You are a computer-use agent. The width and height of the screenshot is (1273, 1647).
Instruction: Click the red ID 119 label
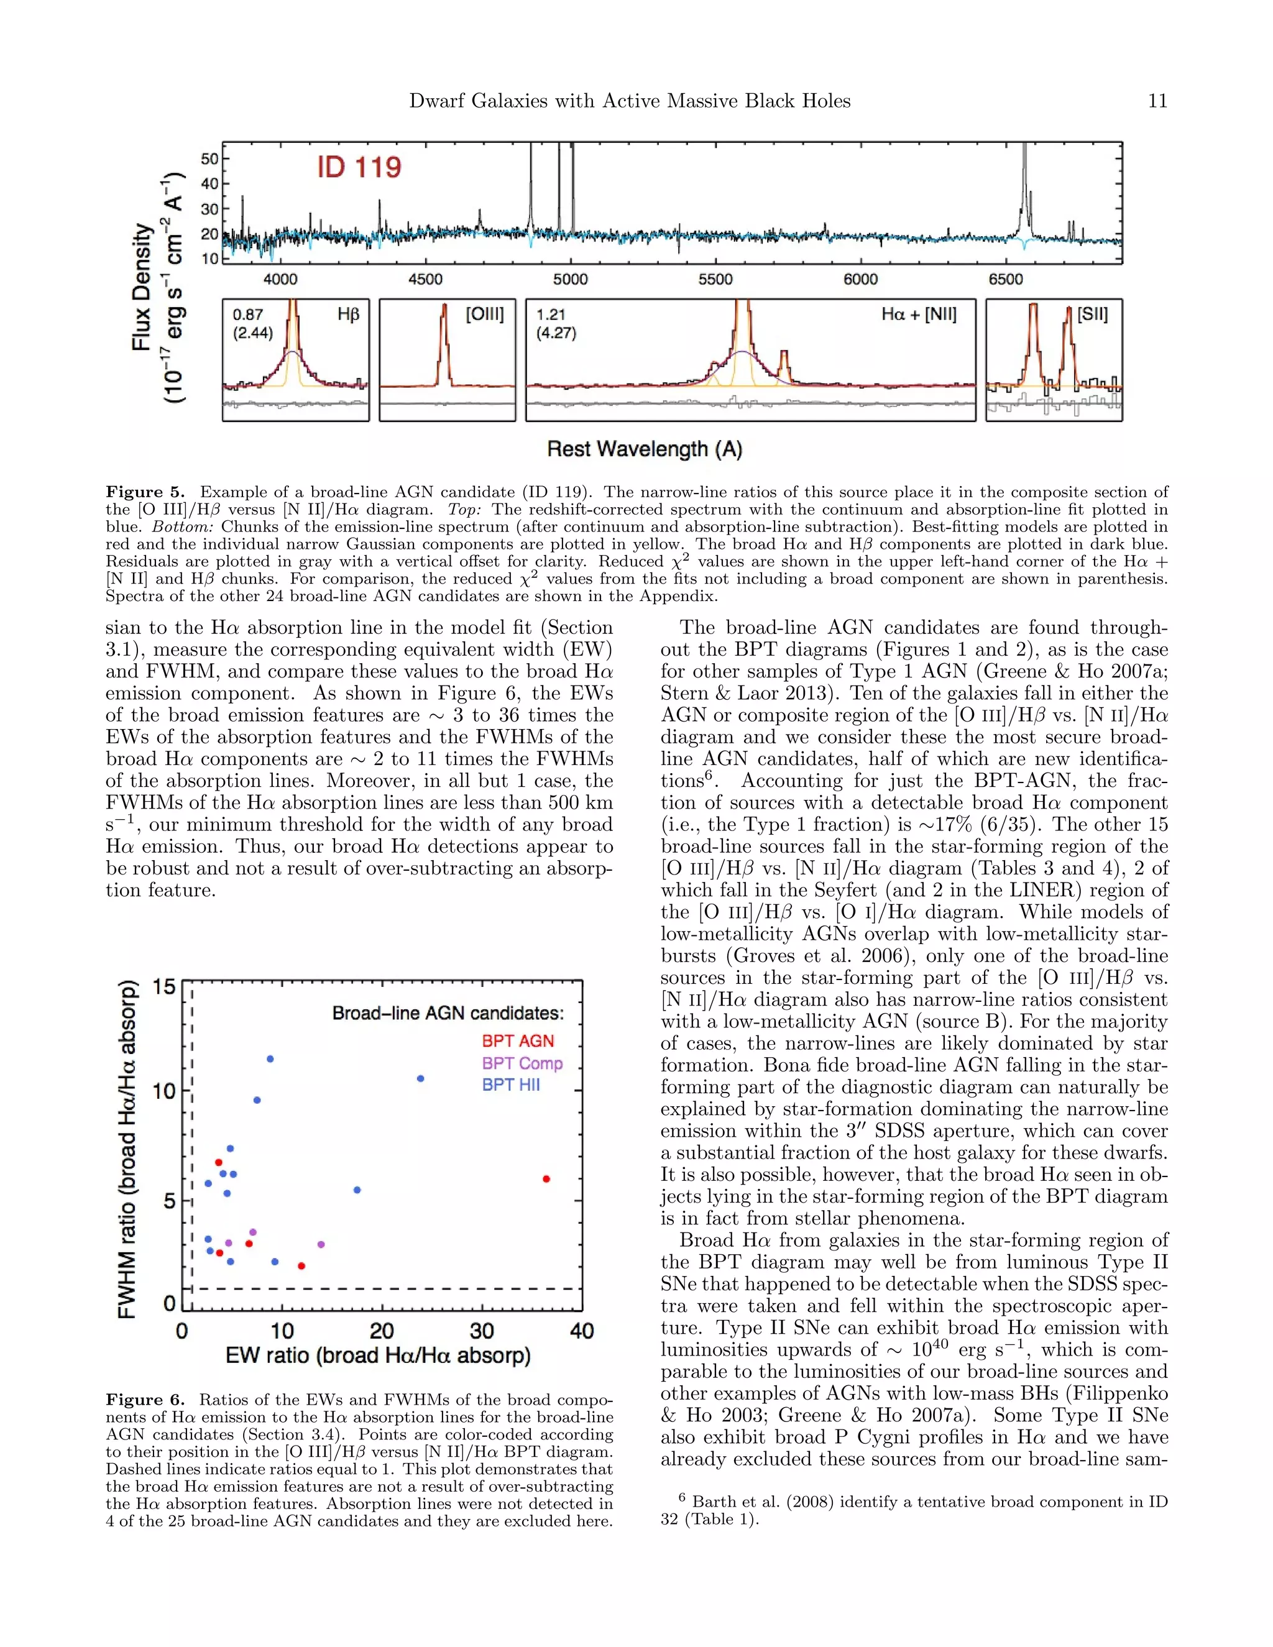pyautogui.click(x=359, y=167)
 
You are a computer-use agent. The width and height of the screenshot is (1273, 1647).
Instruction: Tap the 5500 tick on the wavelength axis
pyautogui.click(x=714, y=279)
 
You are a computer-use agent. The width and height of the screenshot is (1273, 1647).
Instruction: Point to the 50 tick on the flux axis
pyautogui.click(x=209, y=159)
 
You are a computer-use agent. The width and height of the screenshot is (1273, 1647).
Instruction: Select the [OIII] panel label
pyautogui.click(x=484, y=314)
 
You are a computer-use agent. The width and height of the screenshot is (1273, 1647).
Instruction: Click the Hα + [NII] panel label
pyautogui.click(x=919, y=314)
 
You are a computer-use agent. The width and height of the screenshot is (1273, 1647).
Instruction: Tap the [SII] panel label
pyautogui.click(x=1092, y=314)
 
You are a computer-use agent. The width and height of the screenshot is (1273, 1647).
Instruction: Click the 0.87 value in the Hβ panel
pyautogui.click(x=247, y=314)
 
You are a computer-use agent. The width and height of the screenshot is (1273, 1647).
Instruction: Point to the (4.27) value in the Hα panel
pyautogui.click(x=556, y=333)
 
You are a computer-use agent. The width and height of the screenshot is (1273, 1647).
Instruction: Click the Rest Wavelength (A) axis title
pyautogui.click(x=645, y=449)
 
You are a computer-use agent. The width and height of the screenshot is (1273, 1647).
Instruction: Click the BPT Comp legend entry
pyautogui.click(x=522, y=1063)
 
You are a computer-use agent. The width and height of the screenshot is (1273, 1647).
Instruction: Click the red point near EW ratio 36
pyautogui.click(x=546, y=1178)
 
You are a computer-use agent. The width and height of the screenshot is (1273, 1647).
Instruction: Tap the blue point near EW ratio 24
pyautogui.click(x=420, y=1078)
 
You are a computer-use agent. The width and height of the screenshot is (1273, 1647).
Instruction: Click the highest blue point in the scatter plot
pyautogui.click(x=270, y=1059)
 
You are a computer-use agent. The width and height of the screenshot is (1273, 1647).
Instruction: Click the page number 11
pyautogui.click(x=1157, y=101)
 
